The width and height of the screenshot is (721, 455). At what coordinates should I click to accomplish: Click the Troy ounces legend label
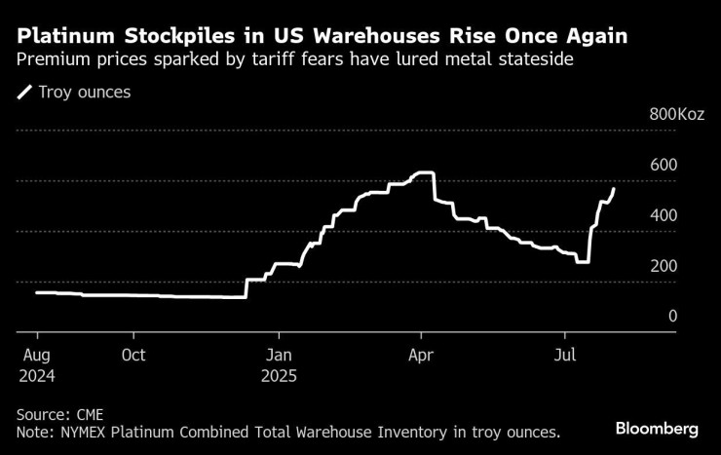(x=86, y=93)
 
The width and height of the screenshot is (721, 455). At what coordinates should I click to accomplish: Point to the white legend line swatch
(x=24, y=93)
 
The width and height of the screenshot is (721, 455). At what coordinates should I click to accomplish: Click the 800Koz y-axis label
(x=676, y=115)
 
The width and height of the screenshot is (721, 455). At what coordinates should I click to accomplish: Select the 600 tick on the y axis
(x=664, y=166)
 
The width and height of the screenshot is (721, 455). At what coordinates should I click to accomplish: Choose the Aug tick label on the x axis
(x=35, y=356)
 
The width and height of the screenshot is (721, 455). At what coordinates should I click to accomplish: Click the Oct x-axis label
(x=134, y=356)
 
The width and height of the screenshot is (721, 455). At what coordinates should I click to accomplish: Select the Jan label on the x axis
(x=279, y=356)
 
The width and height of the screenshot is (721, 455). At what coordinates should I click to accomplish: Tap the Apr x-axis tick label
(x=421, y=356)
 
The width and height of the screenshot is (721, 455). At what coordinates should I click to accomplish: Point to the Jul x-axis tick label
(x=565, y=356)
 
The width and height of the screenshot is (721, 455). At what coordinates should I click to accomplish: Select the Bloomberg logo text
(x=657, y=429)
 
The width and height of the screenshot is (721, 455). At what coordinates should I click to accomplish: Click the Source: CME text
(x=57, y=413)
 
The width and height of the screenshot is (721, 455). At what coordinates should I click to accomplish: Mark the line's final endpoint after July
(x=614, y=188)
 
